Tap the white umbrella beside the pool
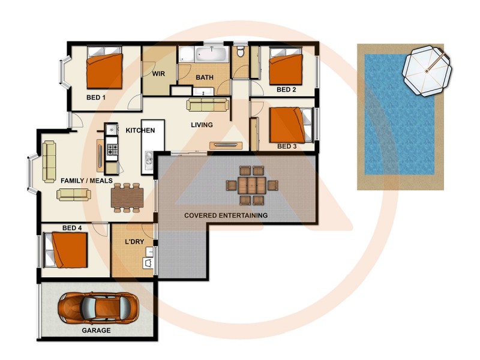point(427,71)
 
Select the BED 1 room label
point(96,97)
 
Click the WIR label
point(158,74)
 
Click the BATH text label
point(205,77)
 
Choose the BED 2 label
point(286,89)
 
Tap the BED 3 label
point(287,146)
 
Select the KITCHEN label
point(140,130)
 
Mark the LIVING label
point(202,125)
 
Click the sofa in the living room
point(208,105)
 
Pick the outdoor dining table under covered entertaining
point(253,185)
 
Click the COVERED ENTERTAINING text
point(226,215)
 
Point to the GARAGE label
point(96,330)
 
